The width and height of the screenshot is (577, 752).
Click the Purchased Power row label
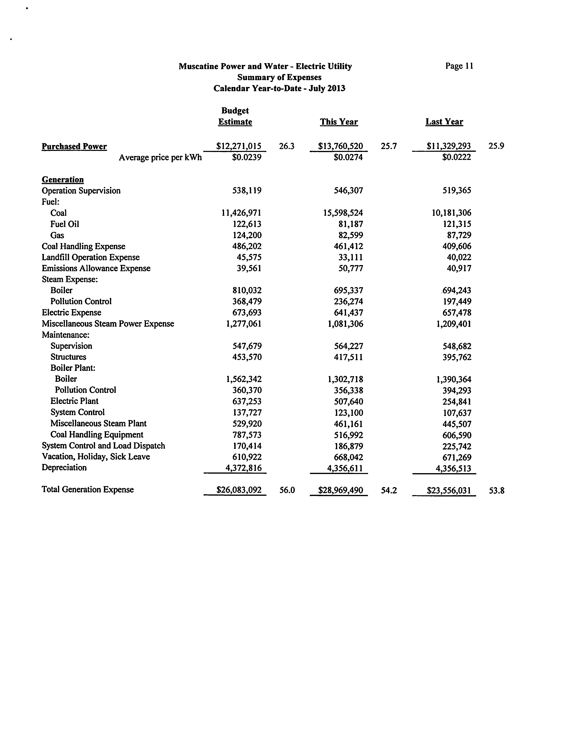74,147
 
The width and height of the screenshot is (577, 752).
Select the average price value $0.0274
348,157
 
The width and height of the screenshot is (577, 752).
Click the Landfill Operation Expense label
91,257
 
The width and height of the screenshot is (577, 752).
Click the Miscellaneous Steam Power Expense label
108,324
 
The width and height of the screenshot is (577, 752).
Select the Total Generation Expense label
88,489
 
